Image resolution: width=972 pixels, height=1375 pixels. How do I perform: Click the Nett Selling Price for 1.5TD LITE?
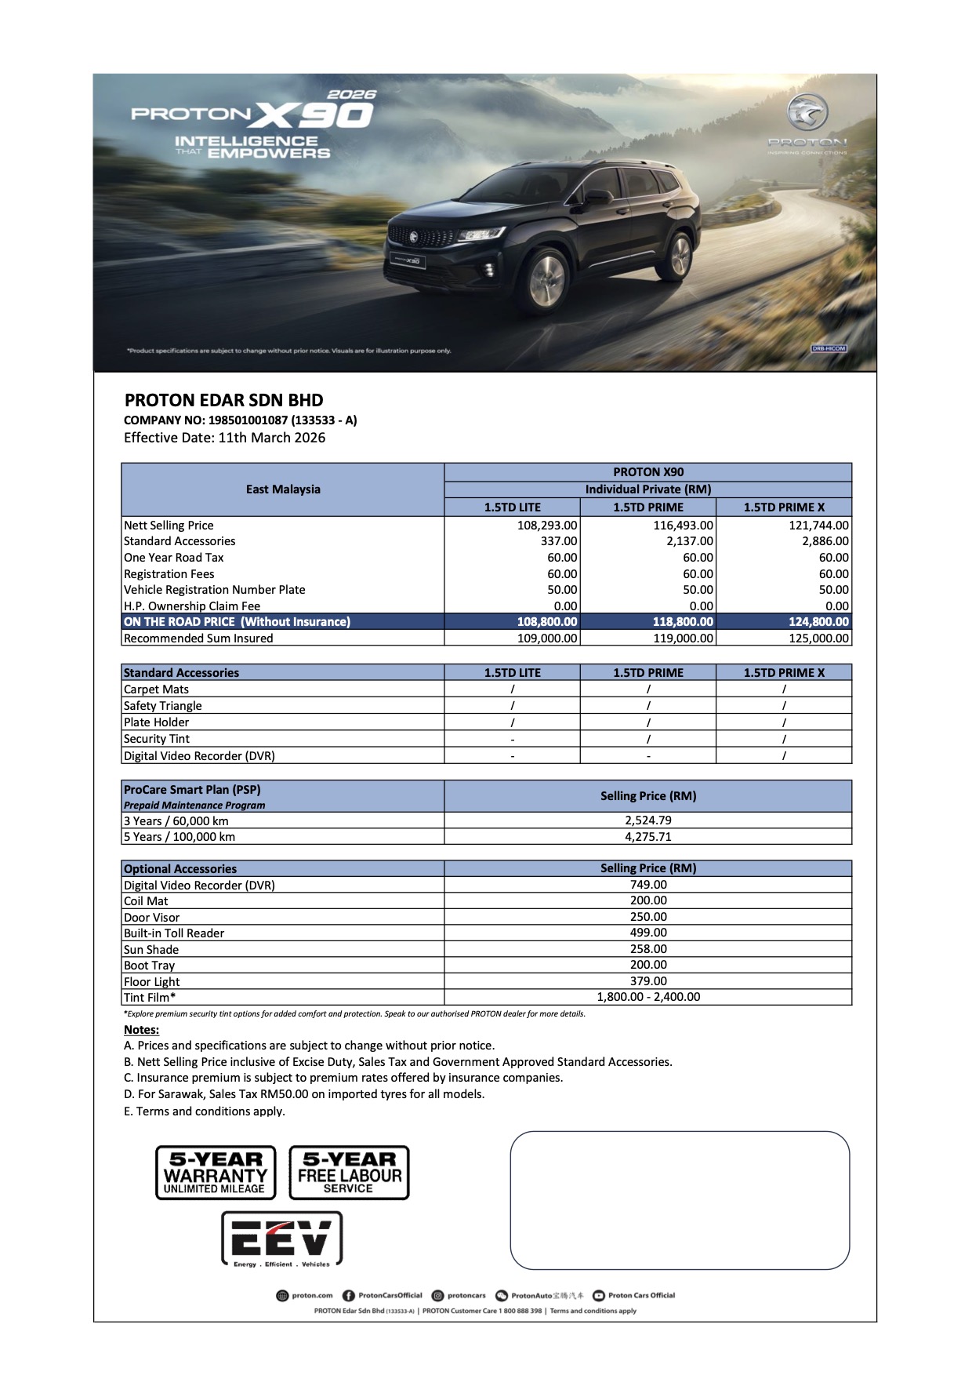tap(547, 526)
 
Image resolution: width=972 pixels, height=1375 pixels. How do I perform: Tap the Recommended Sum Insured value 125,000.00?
tap(818, 638)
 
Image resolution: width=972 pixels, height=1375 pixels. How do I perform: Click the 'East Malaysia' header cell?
tap(283, 489)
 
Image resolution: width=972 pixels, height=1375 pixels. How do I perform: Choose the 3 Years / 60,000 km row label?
tap(176, 821)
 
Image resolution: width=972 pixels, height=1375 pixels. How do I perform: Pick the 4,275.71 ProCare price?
tap(648, 837)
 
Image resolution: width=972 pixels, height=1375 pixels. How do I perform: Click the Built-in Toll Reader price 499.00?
tap(648, 933)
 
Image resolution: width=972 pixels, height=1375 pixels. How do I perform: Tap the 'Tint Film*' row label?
tap(150, 998)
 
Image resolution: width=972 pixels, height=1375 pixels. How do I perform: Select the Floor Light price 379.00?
tap(648, 981)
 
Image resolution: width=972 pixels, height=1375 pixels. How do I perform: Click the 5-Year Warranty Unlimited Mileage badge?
tap(216, 1173)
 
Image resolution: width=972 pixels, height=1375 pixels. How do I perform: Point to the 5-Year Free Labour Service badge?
tap(350, 1173)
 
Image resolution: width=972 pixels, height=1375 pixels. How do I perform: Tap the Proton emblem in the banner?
tap(807, 114)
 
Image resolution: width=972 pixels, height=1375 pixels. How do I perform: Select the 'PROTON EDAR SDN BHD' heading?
tap(223, 400)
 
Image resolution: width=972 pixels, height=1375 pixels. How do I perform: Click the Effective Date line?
tap(224, 438)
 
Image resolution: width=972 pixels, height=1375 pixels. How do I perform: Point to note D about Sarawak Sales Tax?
tap(304, 1094)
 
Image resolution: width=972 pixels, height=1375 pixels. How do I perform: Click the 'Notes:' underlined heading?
tap(141, 1030)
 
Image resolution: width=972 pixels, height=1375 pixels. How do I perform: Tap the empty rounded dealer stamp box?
tap(680, 1200)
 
